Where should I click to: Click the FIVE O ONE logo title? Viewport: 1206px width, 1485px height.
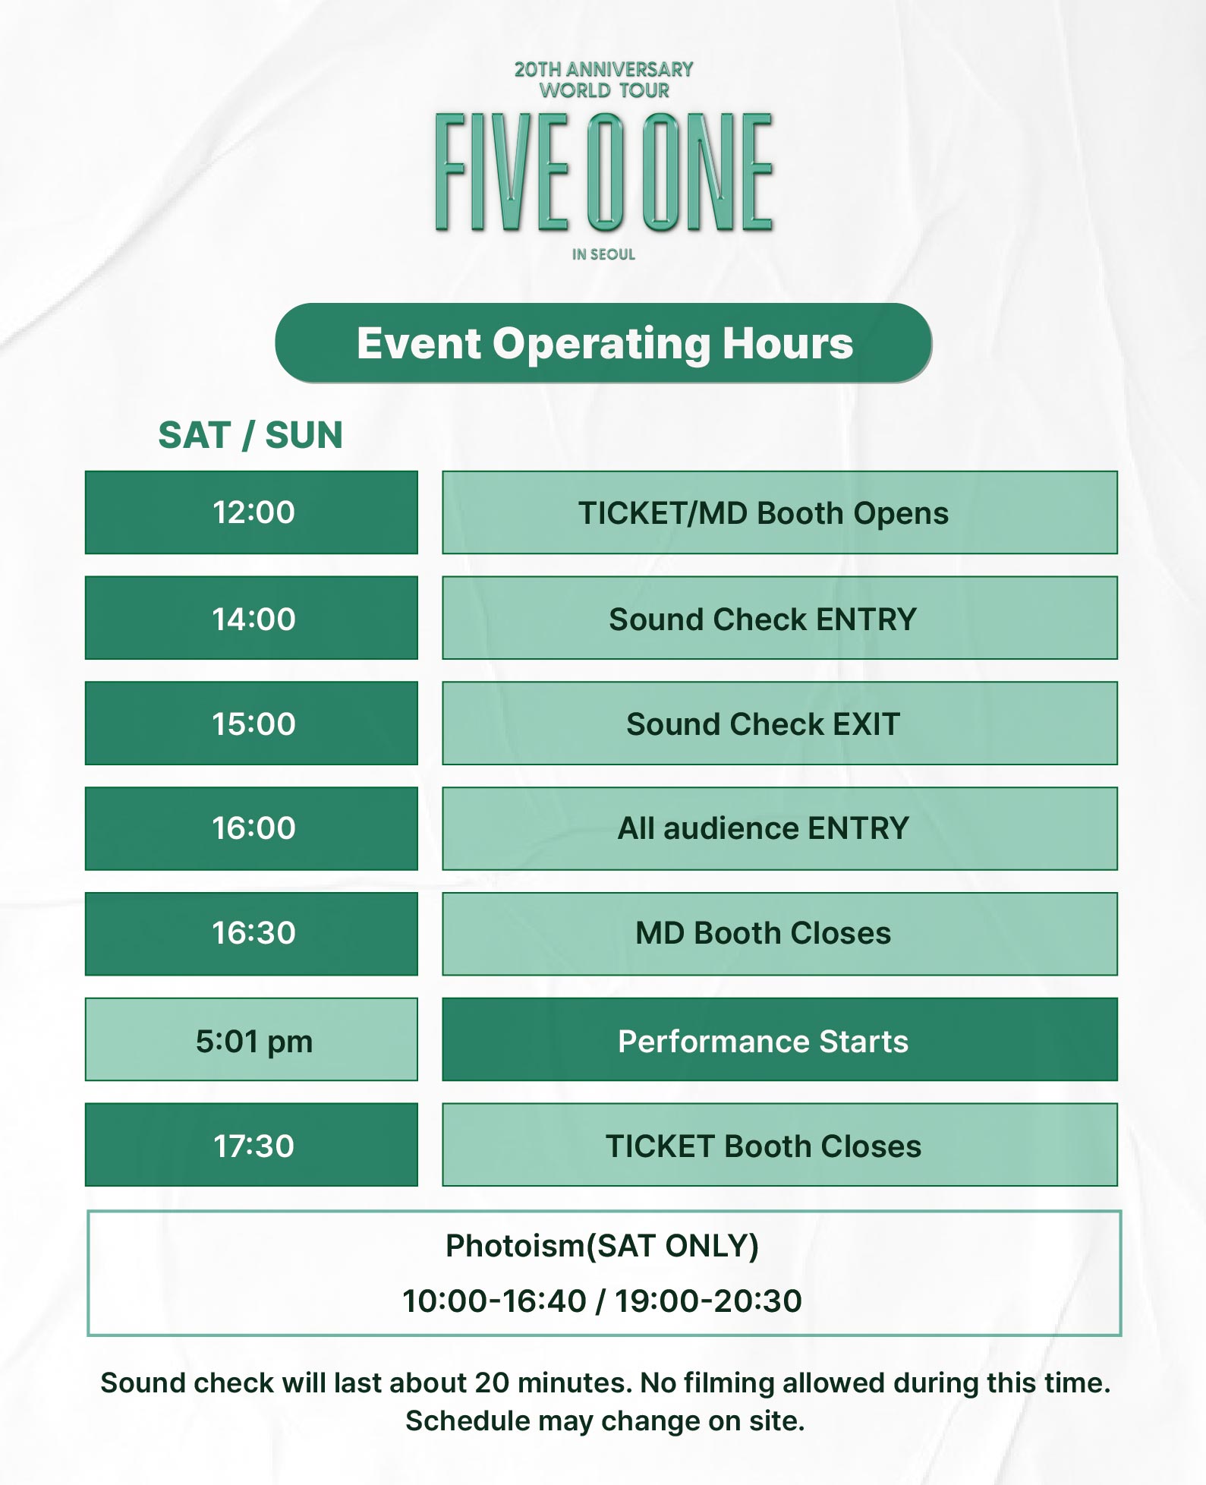[604, 172]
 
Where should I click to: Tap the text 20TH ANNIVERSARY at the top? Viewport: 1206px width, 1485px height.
[604, 69]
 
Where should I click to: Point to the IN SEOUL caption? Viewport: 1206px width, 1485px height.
[603, 254]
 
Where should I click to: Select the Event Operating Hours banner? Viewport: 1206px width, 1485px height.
[603, 343]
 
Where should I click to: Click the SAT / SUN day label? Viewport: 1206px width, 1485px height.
[250, 436]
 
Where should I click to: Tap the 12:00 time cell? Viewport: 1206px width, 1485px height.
[251, 512]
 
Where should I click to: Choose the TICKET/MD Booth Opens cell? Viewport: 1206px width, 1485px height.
[779, 512]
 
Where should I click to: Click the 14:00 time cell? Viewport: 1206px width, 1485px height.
[251, 618]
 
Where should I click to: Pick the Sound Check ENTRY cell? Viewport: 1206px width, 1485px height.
[779, 618]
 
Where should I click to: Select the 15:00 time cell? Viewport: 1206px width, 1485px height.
[251, 724]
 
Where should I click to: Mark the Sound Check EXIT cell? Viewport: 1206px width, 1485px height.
[779, 724]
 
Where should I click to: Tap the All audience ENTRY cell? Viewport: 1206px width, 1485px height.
[779, 828]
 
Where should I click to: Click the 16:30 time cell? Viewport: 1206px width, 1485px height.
[251, 934]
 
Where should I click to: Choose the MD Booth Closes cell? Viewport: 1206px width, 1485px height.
[779, 934]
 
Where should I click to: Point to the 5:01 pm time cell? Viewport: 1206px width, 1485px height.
[251, 1039]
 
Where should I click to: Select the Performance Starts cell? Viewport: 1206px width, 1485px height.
[779, 1039]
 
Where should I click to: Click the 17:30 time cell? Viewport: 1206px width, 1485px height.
[251, 1145]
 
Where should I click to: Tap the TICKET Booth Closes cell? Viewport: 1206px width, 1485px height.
[779, 1145]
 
